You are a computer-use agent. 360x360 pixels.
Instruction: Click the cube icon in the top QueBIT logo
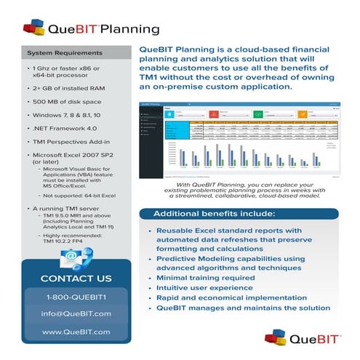coord(33,28)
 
